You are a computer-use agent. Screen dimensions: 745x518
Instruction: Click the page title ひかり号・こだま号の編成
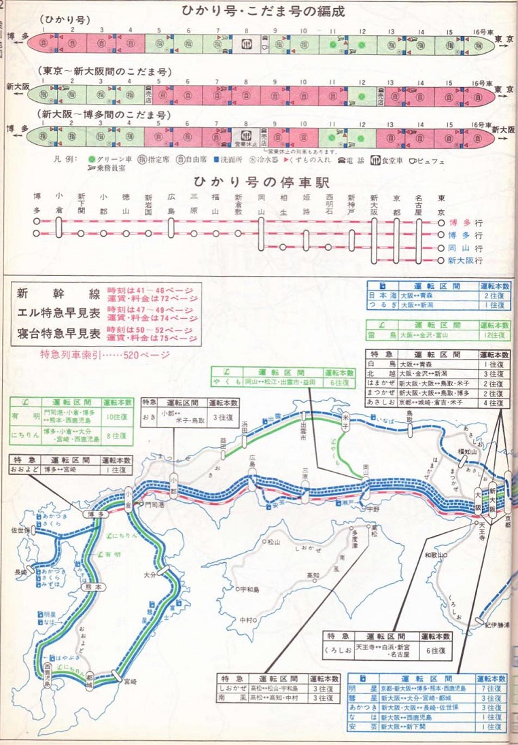click(263, 11)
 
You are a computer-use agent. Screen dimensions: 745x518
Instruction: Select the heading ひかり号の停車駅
click(256, 182)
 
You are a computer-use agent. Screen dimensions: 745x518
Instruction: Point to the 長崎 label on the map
click(21, 573)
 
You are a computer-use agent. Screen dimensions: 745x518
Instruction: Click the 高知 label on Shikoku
click(313, 575)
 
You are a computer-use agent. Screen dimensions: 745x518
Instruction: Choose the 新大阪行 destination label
click(469, 260)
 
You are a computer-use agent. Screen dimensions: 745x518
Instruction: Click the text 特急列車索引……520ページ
click(105, 354)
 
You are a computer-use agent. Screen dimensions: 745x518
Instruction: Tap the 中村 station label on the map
click(246, 620)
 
